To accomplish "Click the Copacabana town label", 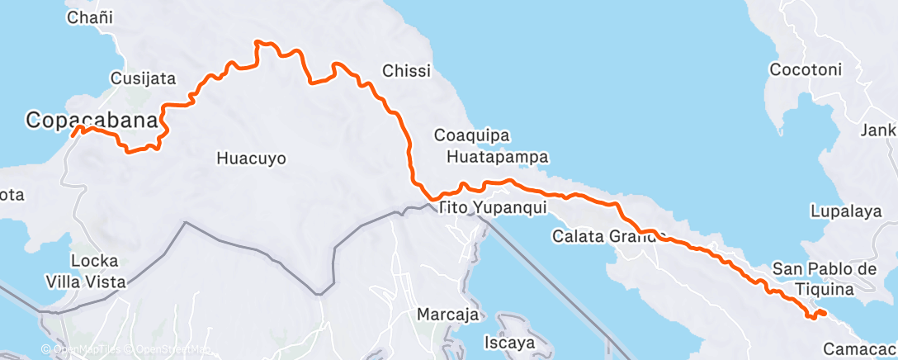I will point(91,120).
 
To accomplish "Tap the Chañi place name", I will point(90,17).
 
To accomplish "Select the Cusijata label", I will point(144,79).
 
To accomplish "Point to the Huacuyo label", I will point(251,158).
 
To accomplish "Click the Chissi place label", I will point(406,71).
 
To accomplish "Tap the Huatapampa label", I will point(498,156).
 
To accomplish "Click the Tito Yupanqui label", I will point(493,207).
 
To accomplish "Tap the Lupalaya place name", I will point(846,211).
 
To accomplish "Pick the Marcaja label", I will point(447,315).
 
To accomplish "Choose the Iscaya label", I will point(509,341).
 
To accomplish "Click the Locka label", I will point(94,261).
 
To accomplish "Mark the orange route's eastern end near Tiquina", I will point(825,313).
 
